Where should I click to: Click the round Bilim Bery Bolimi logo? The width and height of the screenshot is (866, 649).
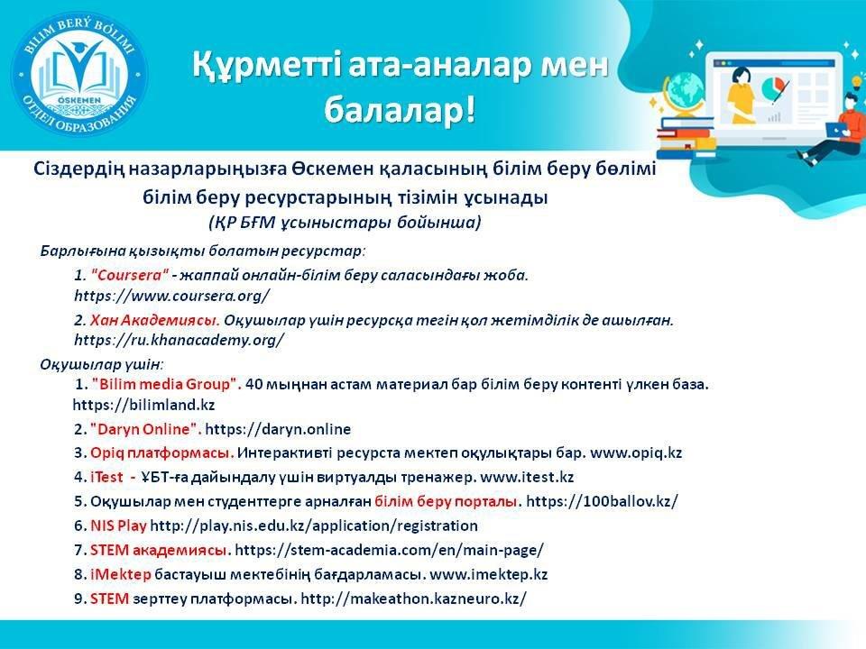79,76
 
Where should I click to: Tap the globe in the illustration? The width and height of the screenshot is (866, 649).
685,94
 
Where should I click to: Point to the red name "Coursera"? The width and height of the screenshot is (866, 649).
129,275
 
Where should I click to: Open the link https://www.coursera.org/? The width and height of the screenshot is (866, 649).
171,296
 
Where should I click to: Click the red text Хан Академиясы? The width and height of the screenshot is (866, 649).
154,320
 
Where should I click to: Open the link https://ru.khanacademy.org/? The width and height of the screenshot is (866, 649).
180,340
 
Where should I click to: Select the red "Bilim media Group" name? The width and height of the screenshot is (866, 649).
166,384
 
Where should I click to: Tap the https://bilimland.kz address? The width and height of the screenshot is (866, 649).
143,405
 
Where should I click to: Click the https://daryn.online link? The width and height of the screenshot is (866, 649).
278,429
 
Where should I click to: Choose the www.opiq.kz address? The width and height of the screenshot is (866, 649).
636,453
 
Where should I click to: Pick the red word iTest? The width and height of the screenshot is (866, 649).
106,477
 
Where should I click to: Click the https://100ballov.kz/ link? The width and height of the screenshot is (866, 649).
602,501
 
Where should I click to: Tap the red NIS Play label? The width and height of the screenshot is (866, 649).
118,526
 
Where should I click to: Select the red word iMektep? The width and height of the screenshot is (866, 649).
120,574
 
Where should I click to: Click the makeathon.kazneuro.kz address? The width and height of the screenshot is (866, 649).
414,599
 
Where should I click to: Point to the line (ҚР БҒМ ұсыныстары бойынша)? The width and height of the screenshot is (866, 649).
345,223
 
